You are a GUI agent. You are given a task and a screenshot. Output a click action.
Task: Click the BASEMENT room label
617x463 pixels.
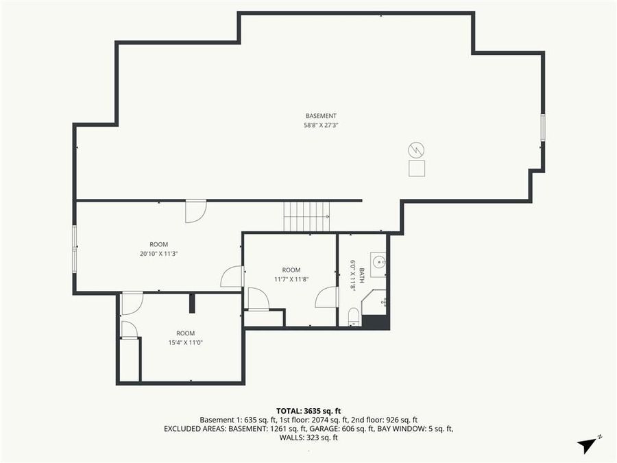coord(321,115)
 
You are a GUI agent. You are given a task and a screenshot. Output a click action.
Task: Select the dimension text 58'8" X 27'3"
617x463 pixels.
coord(321,125)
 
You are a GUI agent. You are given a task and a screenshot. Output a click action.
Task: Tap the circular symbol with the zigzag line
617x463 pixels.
coord(416,150)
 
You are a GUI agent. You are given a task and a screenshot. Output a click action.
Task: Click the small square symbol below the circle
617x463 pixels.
coord(416,168)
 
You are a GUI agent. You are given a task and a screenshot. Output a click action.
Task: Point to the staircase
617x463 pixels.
coord(306,217)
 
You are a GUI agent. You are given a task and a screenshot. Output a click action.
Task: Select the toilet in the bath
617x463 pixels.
coord(354,316)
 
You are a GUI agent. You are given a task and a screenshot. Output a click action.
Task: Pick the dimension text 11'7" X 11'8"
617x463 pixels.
coord(291,279)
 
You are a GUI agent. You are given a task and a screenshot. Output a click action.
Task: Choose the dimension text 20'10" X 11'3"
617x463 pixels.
coord(158,253)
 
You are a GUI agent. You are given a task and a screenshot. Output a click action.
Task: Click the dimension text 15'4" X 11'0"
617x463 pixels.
coord(185,342)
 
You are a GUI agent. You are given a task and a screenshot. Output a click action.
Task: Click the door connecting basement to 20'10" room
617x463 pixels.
coord(195,211)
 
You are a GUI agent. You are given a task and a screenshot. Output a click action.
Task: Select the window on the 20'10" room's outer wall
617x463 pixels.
coord(75,248)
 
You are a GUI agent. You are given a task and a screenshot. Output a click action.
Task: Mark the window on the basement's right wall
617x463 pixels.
coord(543,128)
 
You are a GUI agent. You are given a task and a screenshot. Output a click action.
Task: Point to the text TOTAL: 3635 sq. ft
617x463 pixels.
coord(308,409)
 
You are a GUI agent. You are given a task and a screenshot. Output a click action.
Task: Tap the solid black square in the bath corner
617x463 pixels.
coord(375,322)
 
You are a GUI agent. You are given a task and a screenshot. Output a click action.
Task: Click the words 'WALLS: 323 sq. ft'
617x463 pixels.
coord(308,438)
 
